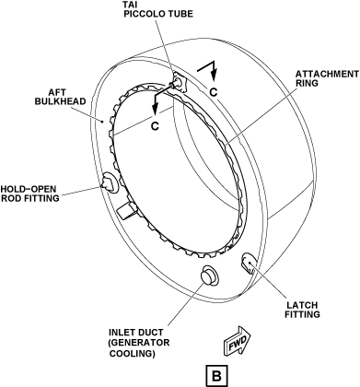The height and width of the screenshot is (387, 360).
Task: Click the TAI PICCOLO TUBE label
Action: click(158, 9)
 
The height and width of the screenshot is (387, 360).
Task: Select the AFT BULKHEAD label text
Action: click(60, 97)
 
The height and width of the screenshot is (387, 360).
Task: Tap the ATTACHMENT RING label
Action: click(327, 78)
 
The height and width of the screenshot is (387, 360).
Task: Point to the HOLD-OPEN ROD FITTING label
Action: click(30, 193)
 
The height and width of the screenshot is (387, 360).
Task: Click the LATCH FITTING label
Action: click(302, 310)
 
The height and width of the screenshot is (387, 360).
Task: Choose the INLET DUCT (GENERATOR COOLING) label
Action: click(139, 343)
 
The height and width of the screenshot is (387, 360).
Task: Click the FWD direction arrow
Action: click(237, 341)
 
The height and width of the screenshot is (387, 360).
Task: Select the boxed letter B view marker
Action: click(216, 375)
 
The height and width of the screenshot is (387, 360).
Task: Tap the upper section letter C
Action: click(214, 91)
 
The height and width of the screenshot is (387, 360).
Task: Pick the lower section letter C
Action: click(156, 125)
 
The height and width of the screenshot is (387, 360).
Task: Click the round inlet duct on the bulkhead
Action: click(210, 275)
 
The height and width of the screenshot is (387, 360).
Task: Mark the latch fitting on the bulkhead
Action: click(249, 264)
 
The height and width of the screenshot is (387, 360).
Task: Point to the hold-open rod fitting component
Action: click(110, 182)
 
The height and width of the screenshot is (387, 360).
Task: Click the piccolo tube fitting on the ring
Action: click(179, 82)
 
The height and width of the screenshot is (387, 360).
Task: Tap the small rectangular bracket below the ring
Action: click(126, 211)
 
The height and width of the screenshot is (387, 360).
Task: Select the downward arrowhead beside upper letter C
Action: click(214, 74)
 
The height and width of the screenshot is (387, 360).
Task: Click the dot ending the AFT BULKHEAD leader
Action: click(103, 122)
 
